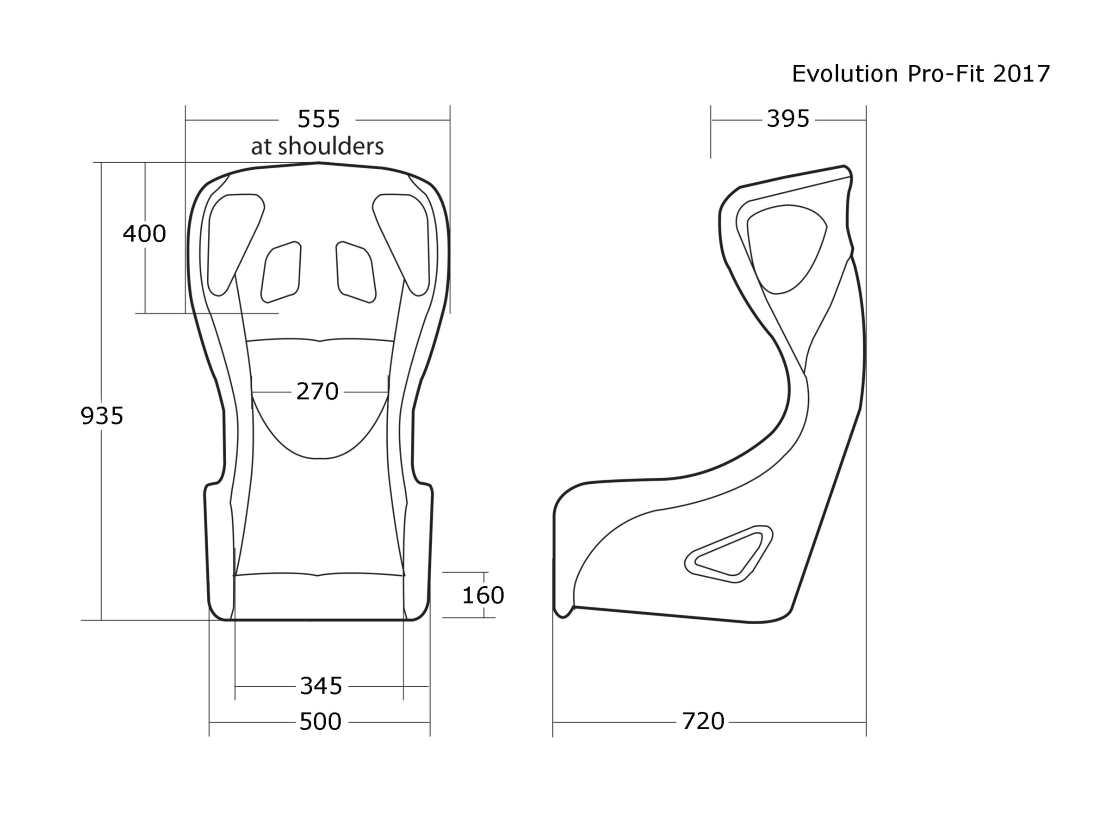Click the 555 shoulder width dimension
(x=318, y=119)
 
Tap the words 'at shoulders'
(x=317, y=146)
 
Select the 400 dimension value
(x=144, y=234)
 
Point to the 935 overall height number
(x=102, y=415)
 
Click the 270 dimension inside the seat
(x=317, y=391)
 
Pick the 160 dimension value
(x=483, y=596)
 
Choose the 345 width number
(x=321, y=686)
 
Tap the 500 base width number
(x=320, y=722)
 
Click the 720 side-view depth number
(x=703, y=721)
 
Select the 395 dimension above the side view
(x=788, y=119)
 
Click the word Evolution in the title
(x=844, y=74)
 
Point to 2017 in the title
(x=1021, y=74)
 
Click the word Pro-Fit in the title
(x=945, y=74)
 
